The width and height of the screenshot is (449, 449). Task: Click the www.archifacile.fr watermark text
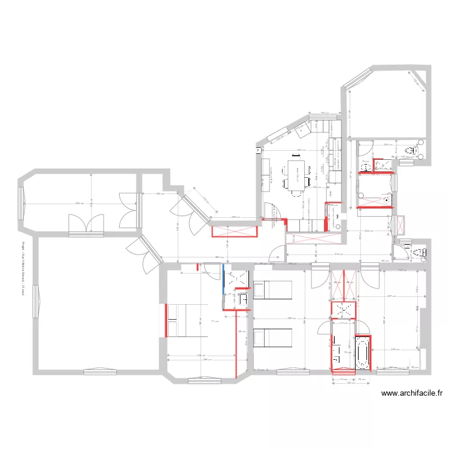pyautogui.click(x=411, y=393)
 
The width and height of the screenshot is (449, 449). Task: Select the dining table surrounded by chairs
pyautogui.click(x=295, y=174)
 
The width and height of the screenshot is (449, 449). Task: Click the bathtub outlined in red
pyautogui.click(x=363, y=351)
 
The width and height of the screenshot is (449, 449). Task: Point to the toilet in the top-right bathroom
pyautogui.click(x=411, y=150)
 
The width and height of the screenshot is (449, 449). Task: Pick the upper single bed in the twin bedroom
pyautogui.click(x=272, y=289)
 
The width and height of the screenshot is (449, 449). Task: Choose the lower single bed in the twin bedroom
pyautogui.click(x=272, y=338)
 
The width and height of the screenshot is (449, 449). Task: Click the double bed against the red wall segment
pyautogui.click(x=180, y=320)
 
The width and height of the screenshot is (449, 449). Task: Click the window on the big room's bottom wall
pyautogui.click(x=99, y=372)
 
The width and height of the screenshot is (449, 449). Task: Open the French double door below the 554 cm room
pyautogui.click(x=87, y=224)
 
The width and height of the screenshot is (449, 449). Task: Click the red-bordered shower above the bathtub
pyautogui.click(x=344, y=309)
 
